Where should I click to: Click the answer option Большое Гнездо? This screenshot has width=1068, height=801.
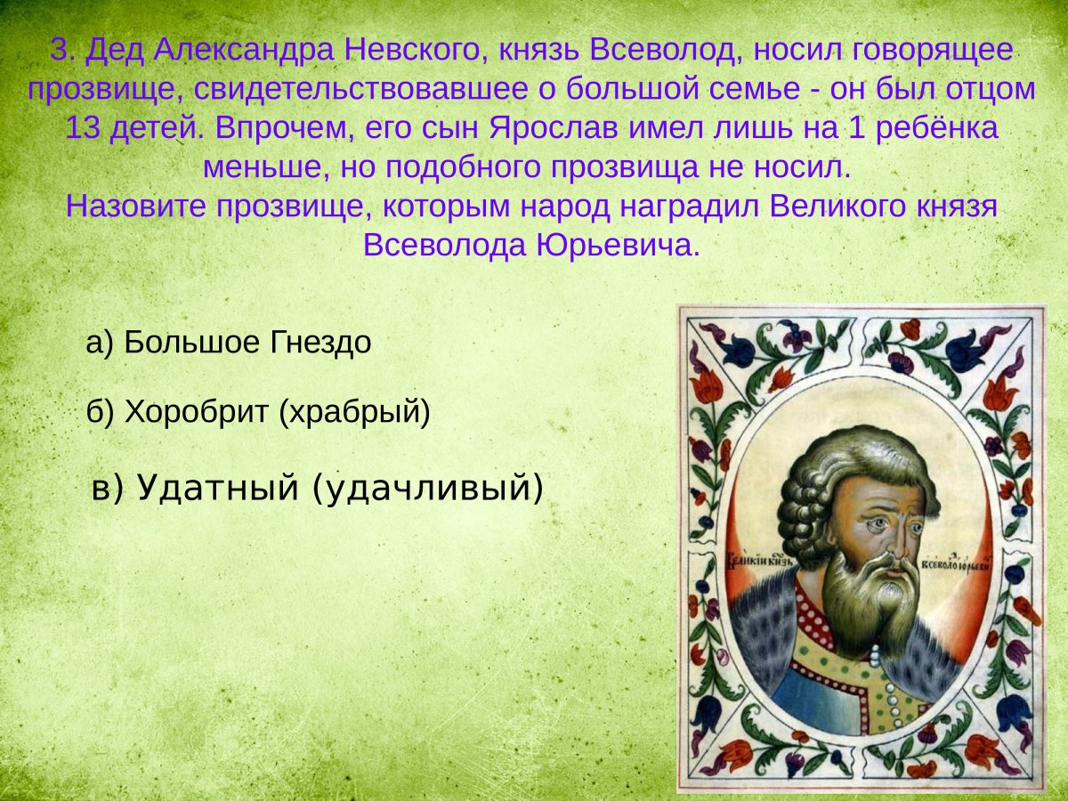[x=228, y=343]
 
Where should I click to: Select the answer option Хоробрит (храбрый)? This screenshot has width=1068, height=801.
[x=258, y=411]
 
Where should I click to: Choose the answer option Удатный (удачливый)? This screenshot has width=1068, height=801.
[x=317, y=487]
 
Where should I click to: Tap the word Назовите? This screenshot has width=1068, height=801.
[x=126, y=206]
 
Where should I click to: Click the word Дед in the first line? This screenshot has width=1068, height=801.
[x=114, y=51]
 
